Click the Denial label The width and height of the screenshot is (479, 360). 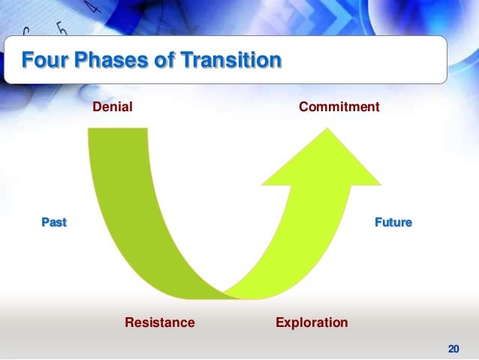click(112, 107)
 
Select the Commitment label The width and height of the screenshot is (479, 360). click(339, 107)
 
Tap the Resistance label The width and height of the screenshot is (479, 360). click(159, 322)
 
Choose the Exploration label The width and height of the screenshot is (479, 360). click(312, 322)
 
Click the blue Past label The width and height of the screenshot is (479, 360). click(53, 222)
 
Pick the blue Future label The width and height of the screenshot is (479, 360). click(393, 222)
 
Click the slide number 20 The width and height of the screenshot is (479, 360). click(453, 348)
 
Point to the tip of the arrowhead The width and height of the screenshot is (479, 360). click(325, 128)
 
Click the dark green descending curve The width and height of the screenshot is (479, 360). click(131, 218)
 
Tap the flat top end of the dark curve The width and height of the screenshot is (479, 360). click(120, 129)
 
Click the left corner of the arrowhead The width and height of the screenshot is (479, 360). click(261, 184)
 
